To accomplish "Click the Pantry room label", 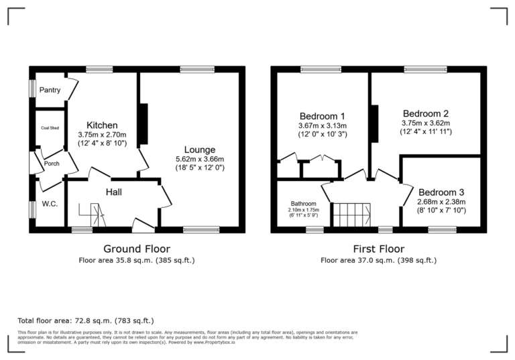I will (x=50, y=90).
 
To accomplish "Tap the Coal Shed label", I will (x=50, y=127).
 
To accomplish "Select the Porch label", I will (x=52, y=163).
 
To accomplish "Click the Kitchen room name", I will (x=102, y=125).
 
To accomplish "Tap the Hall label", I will (x=114, y=192).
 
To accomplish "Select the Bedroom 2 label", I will (x=425, y=113).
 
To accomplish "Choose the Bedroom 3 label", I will (x=441, y=190).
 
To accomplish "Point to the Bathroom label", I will (x=304, y=204).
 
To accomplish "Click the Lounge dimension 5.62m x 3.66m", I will (x=199, y=159).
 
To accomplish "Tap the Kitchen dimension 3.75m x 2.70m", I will (x=102, y=134).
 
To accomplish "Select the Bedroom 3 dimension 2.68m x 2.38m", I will (x=441, y=201).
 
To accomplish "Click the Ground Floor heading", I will (x=137, y=248).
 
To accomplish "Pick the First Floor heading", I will (x=378, y=248).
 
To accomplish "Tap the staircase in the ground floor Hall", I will (x=93, y=216).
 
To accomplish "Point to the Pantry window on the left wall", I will (x=32, y=89).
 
